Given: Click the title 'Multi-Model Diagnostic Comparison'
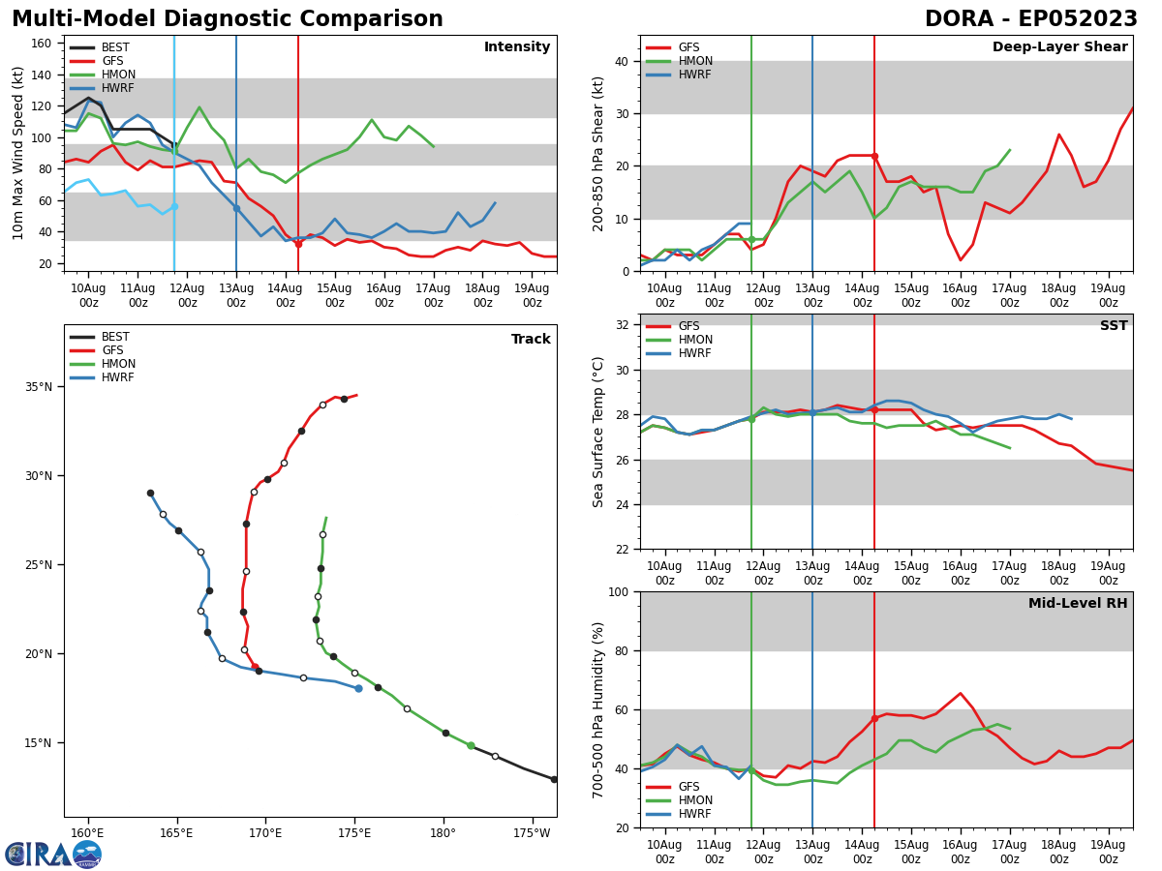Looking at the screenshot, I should click(228, 19).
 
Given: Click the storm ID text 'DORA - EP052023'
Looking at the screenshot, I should click(1030, 19).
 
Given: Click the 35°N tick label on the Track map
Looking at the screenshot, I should click(38, 387).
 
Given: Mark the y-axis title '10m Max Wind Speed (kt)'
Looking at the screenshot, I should click(19, 153).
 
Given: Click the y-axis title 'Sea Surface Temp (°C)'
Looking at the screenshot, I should click(598, 432).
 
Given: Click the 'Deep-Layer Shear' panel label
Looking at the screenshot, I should click(1059, 47).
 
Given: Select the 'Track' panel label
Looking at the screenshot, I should click(531, 340).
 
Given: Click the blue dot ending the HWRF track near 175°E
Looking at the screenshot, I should click(358, 688).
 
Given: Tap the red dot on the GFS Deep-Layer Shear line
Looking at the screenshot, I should click(874, 156).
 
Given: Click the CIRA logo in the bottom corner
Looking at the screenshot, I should click(52, 854).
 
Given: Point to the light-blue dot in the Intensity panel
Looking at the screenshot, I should click(174, 206).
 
